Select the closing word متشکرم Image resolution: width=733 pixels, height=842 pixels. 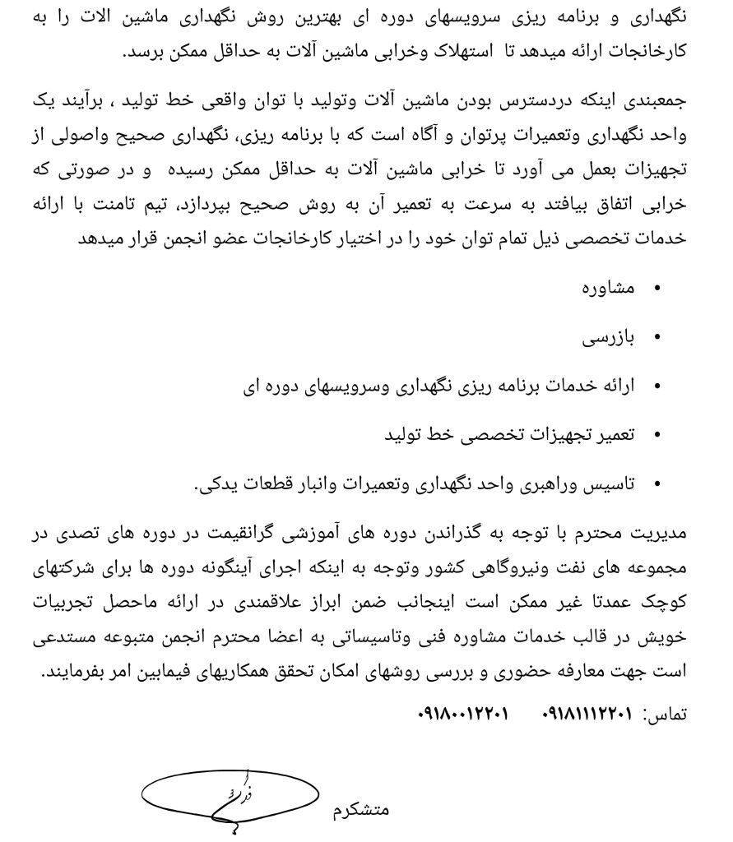[x=361, y=810]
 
